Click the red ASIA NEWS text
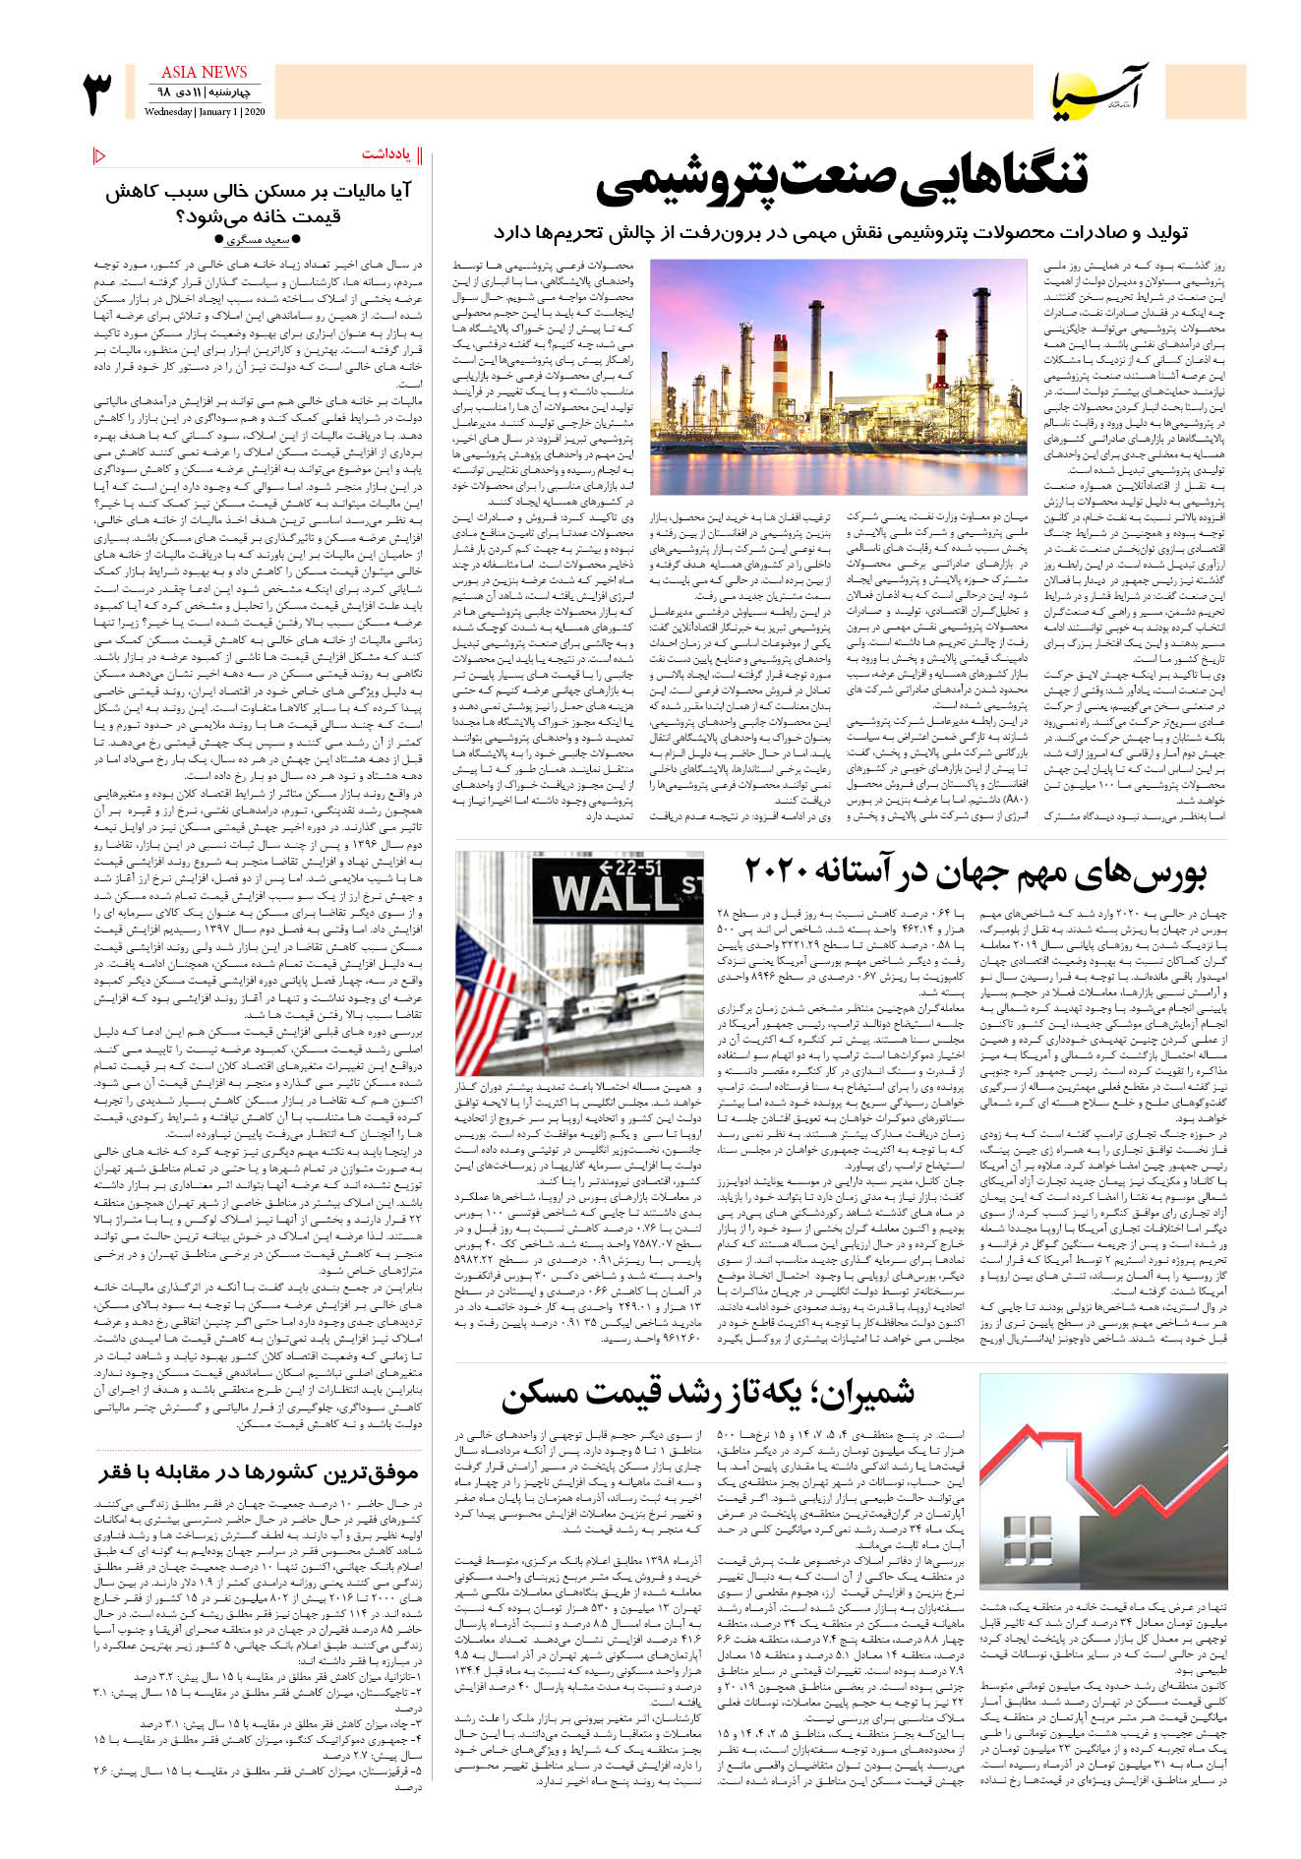point(205,72)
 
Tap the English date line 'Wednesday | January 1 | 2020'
point(205,112)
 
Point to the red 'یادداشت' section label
point(385,154)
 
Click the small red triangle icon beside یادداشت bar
point(99,154)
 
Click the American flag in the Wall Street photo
point(487,1003)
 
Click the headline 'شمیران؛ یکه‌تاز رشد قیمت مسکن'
point(707,1393)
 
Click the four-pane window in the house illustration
point(1030,1537)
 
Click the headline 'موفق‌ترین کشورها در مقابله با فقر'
point(259,1471)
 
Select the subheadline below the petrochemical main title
point(841,233)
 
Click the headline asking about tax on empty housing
point(259,204)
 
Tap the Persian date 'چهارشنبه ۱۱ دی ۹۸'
point(205,92)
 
